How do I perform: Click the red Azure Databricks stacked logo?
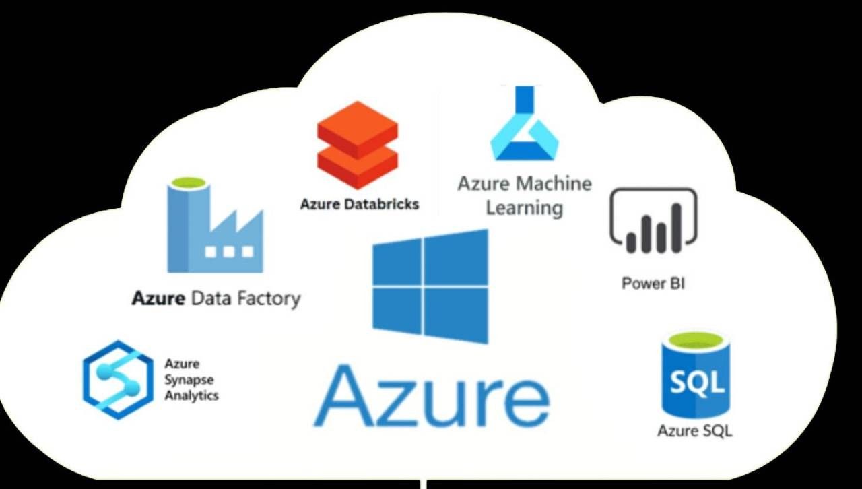(358, 145)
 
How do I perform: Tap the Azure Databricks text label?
(360, 203)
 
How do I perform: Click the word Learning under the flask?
(524, 207)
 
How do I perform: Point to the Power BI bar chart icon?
(653, 221)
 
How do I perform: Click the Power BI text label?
(653, 283)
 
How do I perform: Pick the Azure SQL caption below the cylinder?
(694, 430)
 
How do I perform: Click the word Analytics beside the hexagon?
(191, 395)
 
